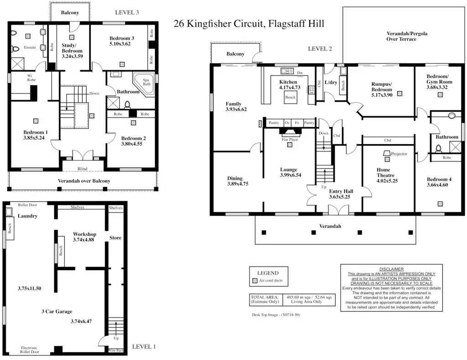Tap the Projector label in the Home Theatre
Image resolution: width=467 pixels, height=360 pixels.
(399, 154)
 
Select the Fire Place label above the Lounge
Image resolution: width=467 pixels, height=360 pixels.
(290, 140)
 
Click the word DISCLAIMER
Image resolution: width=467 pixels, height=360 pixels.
(391, 269)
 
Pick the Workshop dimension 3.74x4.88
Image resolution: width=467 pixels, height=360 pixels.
(83, 239)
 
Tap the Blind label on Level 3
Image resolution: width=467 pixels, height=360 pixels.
(82, 168)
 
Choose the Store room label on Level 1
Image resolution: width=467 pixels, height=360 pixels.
(115, 238)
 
